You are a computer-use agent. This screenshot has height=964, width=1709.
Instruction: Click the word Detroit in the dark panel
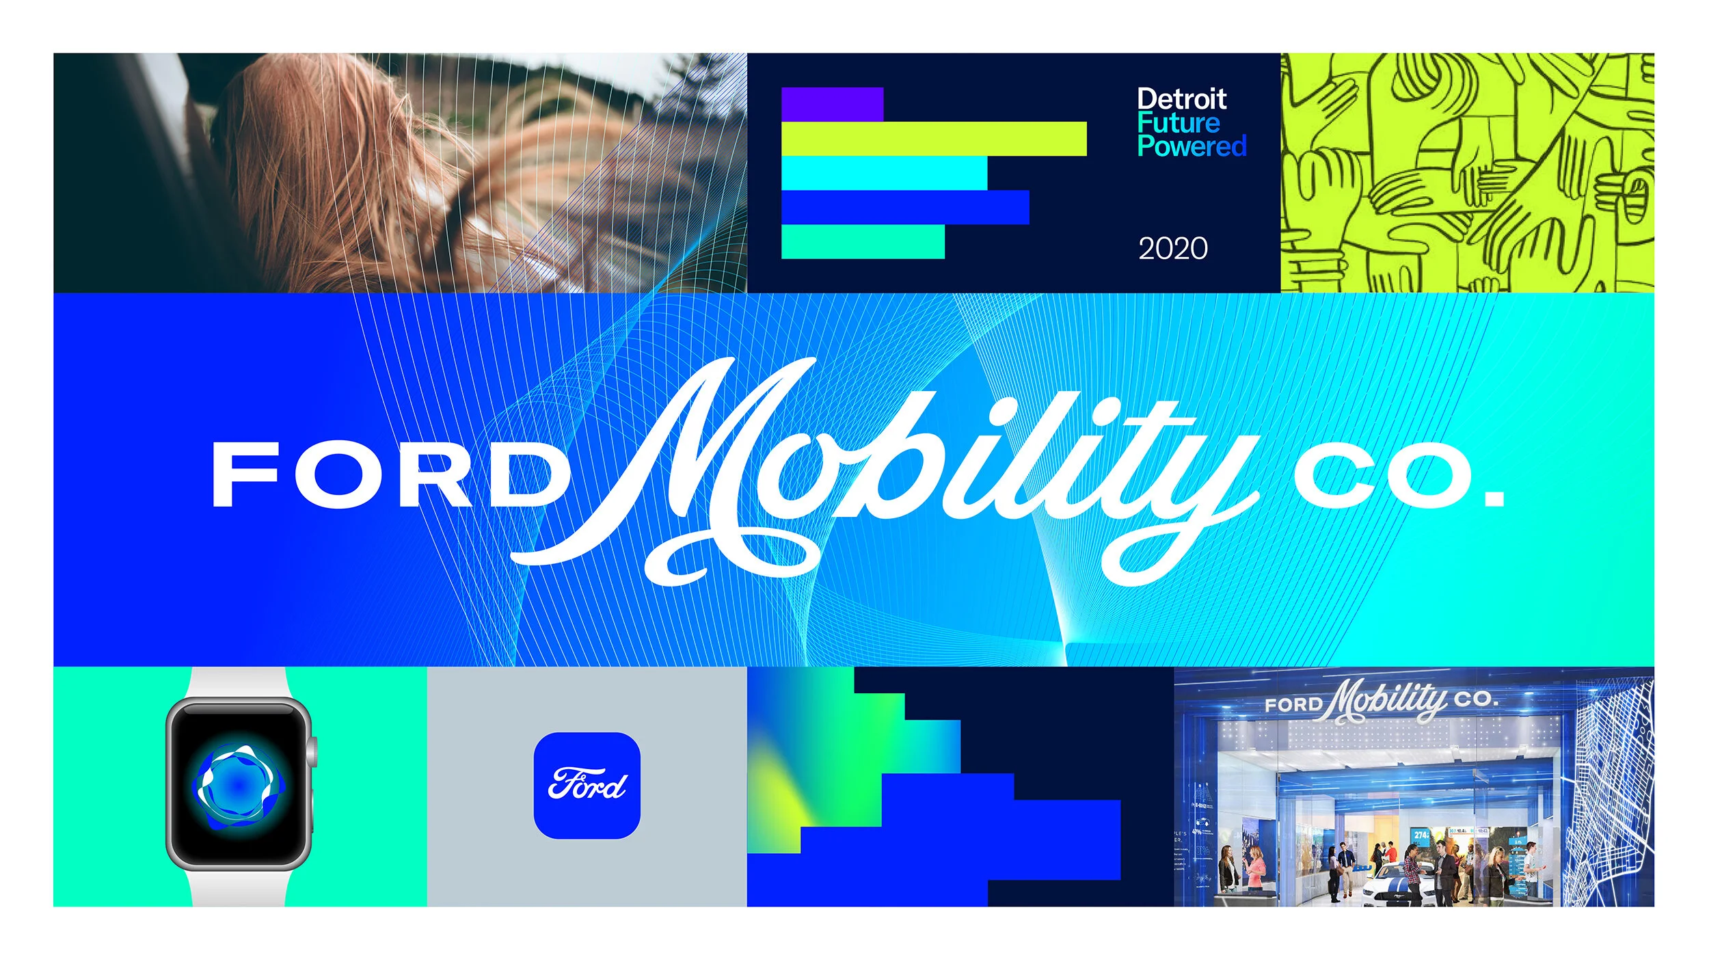click(x=1181, y=100)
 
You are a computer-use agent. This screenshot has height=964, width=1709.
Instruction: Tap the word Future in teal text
click(x=1178, y=124)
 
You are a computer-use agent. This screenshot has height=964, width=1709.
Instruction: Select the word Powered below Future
click(x=1192, y=146)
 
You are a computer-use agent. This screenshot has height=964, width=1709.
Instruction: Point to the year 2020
click(x=1173, y=248)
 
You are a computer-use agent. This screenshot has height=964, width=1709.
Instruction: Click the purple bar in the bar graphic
click(x=832, y=104)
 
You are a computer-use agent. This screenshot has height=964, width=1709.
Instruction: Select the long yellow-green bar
click(x=933, y=139)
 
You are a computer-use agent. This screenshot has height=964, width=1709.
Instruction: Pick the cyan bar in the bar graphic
click(x=883, y=173)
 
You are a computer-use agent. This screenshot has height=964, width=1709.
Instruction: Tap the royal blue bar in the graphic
click(x=904, y=207)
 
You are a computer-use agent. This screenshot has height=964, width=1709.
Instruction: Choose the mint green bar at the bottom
click(x=862, y=242)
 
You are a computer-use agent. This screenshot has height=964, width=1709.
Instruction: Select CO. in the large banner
click(x=1388, y=476)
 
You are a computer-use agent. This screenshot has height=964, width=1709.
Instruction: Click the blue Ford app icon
click(x=587, y=786)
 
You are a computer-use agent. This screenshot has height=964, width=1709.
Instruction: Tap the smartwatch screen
click(x=237, y=784)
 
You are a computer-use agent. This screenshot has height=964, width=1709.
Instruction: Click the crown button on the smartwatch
click(x=312, y=751)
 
